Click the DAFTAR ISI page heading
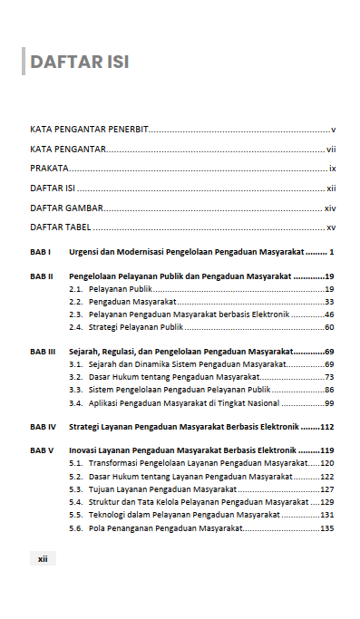80,62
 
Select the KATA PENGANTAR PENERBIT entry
90,130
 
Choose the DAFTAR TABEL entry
59,227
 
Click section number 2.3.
76,314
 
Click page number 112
327,425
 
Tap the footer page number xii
43,559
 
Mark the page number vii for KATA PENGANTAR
332,149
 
